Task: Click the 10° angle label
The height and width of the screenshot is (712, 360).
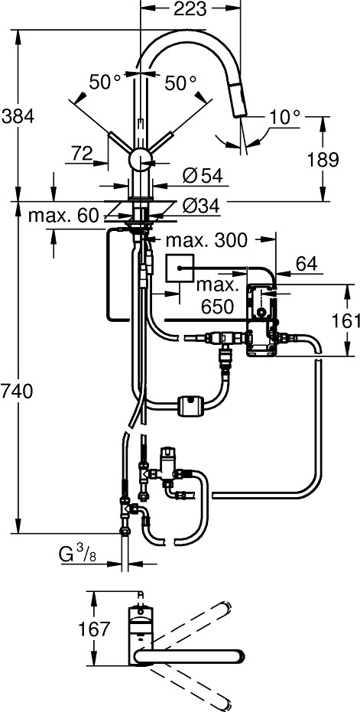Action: coord(284,118)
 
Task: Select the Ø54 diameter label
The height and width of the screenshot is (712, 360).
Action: coord(202,175)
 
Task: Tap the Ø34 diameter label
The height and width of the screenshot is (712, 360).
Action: coord(202,205)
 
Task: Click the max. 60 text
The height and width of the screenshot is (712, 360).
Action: coord(63,216)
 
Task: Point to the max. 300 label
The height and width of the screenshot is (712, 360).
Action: coord(207,240)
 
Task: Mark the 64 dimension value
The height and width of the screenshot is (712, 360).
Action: coord(306,264)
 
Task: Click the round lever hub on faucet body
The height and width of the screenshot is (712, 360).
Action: coord(141,160)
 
